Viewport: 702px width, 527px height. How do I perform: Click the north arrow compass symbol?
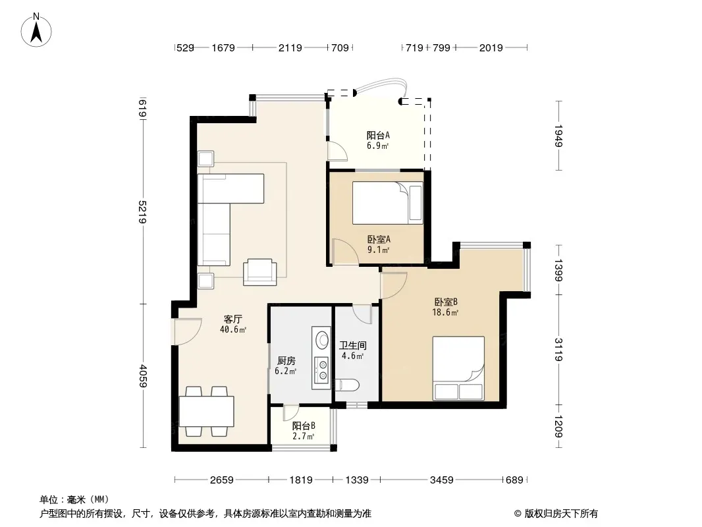[x=36, y=30]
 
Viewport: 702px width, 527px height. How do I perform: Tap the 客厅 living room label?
[x=233, y=319]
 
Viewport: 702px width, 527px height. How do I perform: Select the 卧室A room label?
[x=379, y=240]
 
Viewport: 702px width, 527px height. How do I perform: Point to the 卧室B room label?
[x=445, y=302]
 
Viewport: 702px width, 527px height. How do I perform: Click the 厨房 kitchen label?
[x=286, y=361]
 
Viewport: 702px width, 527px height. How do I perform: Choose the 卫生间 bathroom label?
[x=353, y=346]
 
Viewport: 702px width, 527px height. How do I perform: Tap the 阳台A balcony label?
[x=378, y=135]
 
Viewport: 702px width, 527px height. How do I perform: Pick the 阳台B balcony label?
[x=304, y=426]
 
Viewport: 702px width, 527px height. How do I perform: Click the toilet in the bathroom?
[x=348, y=385]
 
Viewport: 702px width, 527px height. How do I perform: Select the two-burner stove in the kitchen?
[x=321, y=370]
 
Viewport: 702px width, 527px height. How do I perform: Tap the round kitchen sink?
[x=322, y=339]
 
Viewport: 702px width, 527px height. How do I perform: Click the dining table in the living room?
[x=206, y=412]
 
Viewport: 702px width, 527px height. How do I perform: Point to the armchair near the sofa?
[x=259, y=272]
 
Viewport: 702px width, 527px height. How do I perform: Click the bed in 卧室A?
[x=387, y=203]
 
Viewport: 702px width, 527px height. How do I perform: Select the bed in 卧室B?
[x=458, y=368]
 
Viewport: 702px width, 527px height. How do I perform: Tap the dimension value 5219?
[x=143, y=211]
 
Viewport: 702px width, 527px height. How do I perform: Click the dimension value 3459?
[x=441, y=480]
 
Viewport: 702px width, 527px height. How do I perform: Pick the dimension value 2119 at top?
[x=290, y=47]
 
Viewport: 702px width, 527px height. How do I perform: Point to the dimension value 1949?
[x=558, y=136]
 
